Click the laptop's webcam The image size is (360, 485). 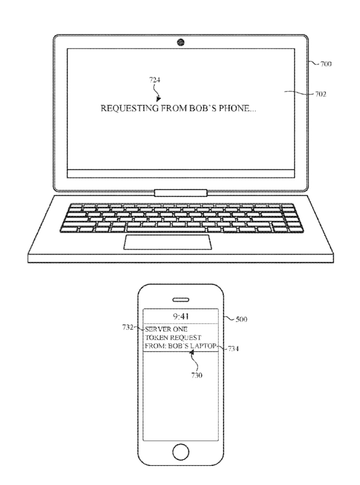point(181,42)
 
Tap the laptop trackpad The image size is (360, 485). point(168,242)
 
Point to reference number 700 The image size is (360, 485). point(326,64)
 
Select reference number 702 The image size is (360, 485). point(321,94)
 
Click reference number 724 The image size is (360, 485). point(155,80)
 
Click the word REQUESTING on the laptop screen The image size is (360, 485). point(130,108)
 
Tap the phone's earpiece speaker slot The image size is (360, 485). point(181,300)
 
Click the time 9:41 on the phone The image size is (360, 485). point(181,316)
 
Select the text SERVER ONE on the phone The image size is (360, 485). point(166,329)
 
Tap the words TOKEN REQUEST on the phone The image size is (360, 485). point(173,338)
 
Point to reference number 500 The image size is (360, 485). point(241,319)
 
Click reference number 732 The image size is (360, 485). point(127,327)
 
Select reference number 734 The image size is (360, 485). point(233,349)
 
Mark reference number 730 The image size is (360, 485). point(197,375)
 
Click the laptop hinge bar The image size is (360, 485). point(181,193)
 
